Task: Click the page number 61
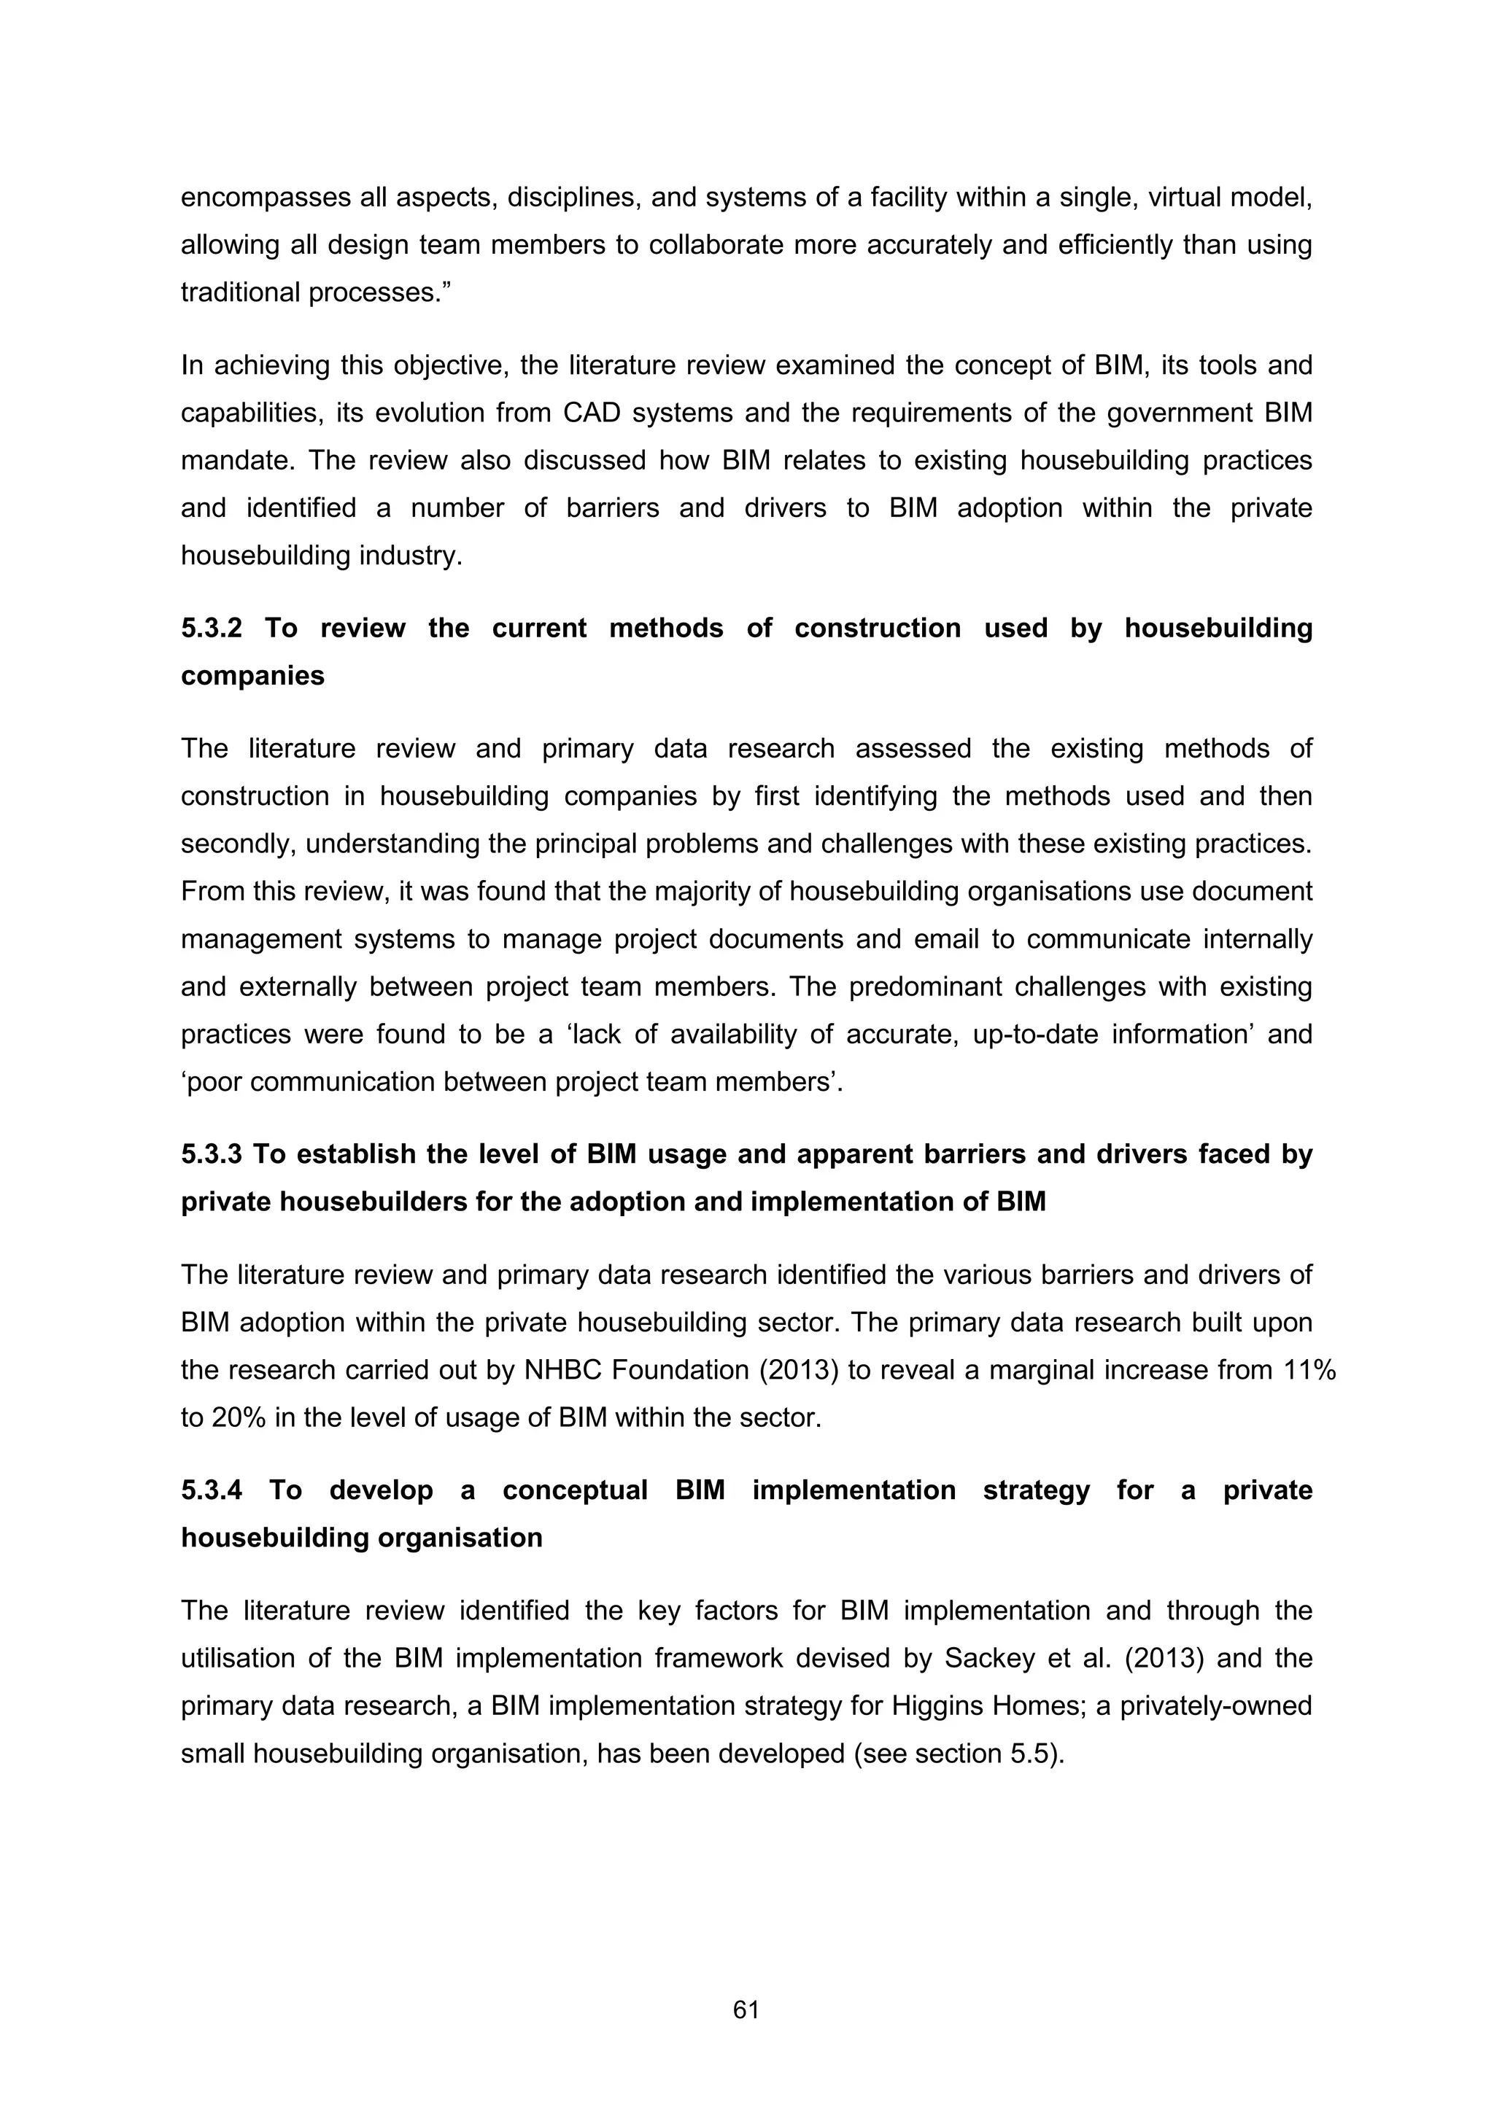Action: pos(746,2010)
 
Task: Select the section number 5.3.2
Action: pos(211,628)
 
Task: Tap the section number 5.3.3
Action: pos(211,1154)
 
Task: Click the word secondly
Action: pos(236,844)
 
